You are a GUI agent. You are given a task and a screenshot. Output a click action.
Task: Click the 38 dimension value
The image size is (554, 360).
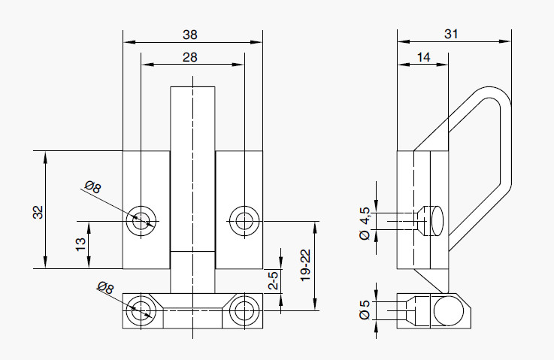[191, 34]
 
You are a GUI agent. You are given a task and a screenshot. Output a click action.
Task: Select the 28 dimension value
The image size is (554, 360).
[191, 57]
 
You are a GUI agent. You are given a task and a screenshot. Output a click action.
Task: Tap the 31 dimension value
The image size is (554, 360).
[451, 34]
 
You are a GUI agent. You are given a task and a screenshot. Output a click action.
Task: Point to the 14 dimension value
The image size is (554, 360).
[422, 57]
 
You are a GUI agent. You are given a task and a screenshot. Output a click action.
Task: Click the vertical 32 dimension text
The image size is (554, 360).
[38, 212]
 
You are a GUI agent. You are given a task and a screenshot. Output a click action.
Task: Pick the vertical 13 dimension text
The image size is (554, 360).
[80, 244]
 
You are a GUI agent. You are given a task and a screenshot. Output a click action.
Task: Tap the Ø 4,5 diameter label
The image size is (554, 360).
[366, 223]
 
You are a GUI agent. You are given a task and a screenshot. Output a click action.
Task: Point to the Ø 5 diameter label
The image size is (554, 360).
[365, 310]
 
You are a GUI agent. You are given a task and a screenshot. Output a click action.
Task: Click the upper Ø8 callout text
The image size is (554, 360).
[93, 188]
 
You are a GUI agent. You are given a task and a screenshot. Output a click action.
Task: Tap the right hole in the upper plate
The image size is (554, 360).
[244, 221]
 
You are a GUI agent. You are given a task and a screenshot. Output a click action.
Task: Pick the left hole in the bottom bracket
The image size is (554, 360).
[141, 309]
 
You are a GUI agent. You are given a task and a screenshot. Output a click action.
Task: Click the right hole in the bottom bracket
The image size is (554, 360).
[244, 309]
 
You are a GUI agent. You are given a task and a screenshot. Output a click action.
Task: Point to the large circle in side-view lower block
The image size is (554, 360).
[447, 310]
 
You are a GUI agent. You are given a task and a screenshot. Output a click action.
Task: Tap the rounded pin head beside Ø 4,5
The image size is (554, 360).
[435, 221]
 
